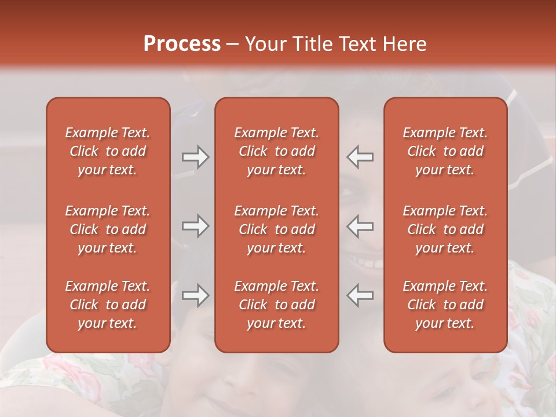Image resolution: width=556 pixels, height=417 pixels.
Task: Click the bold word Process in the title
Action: point(182,44)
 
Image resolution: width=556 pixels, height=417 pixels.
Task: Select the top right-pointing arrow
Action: point(195,157)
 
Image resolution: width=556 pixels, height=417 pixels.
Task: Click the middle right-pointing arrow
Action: point(195,226)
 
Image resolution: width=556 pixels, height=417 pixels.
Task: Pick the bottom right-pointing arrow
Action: point(195,295)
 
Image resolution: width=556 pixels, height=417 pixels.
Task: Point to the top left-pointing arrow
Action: point(360,157)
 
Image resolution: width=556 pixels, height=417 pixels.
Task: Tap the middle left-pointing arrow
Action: point(360,226)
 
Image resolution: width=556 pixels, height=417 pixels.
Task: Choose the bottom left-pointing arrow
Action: point(360,295)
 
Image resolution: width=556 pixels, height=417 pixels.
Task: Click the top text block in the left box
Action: point(108,151)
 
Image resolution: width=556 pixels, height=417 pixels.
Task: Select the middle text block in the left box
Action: point(108,229)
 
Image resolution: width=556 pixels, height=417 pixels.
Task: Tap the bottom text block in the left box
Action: point(108,305)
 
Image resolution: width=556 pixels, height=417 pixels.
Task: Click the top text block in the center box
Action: point(276,151)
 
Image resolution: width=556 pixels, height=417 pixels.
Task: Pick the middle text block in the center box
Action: point(276,229)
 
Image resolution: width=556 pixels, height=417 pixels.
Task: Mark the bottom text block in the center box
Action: point(276,305)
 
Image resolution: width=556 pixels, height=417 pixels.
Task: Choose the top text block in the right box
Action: point(445,151)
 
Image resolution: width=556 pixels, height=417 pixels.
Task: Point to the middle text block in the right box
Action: point(445,229)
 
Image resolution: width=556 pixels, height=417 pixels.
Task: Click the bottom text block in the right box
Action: point(445,305)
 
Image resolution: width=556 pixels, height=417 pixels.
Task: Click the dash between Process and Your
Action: point(232,45)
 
